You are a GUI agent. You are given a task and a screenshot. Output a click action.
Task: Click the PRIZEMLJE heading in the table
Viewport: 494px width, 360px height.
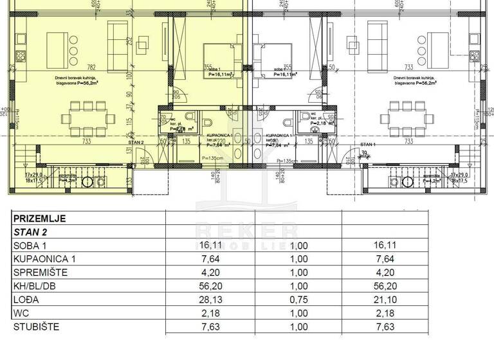(39, 218)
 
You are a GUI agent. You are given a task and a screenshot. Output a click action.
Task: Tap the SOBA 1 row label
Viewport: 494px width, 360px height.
(31, 246)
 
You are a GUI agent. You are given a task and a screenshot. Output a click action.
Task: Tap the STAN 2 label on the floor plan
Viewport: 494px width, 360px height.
(136, 142)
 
